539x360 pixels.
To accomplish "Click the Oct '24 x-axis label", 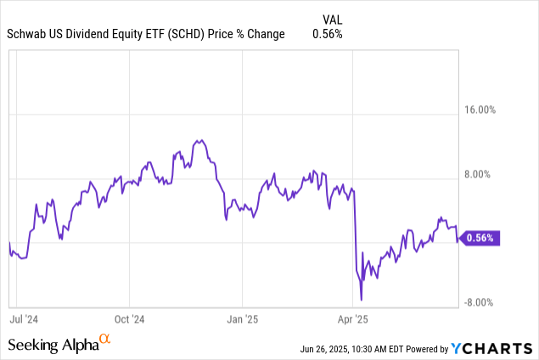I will (130, 320).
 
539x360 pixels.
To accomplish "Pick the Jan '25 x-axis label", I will (242, 320).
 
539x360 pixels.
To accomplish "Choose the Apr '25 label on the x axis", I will (353, 320).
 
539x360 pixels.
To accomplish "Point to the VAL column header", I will (335, 19).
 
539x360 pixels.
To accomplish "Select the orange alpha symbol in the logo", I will (104, 339).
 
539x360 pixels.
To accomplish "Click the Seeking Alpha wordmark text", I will (53, 345).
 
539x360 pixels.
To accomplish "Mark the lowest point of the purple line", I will (362, 299).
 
